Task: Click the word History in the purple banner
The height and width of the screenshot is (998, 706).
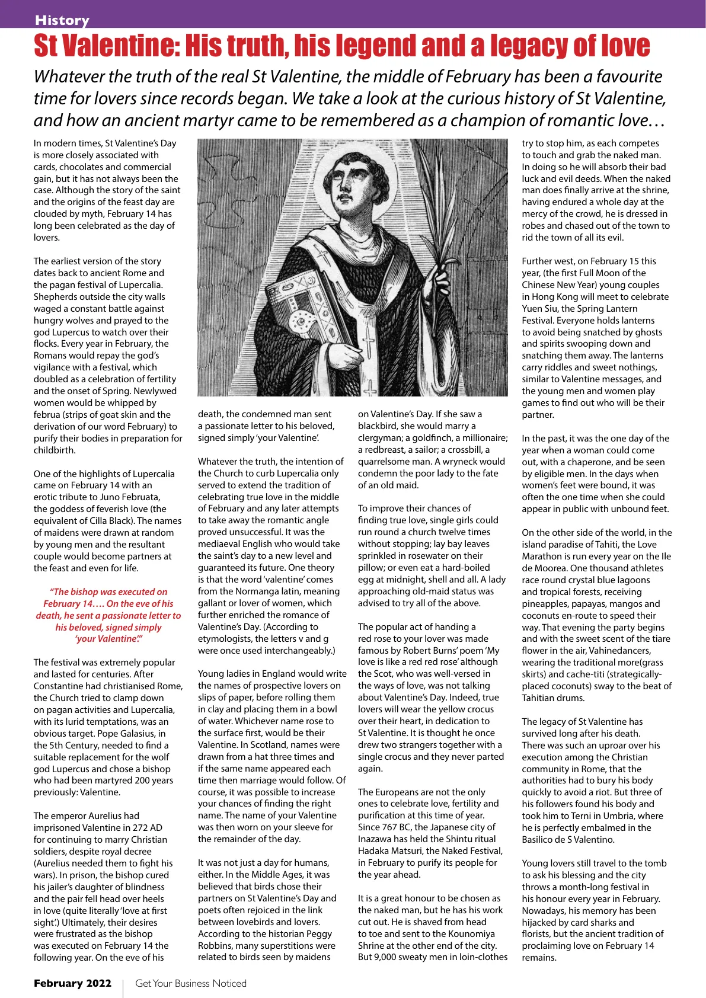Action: (62, 20)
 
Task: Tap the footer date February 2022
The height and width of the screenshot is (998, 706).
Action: (72, 983)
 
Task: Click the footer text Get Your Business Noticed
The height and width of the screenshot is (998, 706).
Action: (191, 983)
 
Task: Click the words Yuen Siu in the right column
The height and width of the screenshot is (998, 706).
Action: (539, 308)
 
